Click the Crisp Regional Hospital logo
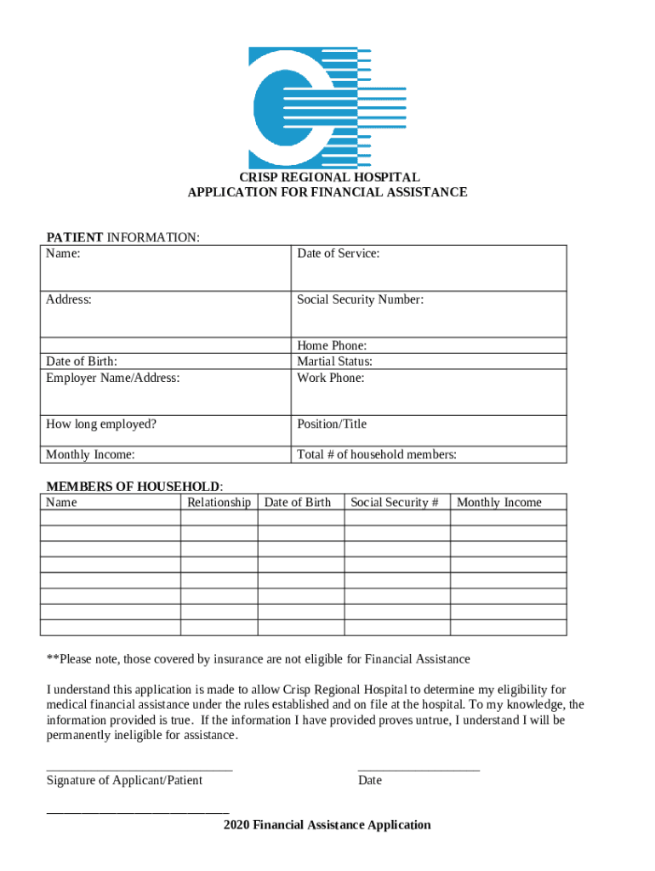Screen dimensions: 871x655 click(327, 108)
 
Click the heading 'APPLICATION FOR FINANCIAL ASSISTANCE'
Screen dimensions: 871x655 click(327, 192)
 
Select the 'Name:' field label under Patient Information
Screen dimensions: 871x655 click(64, 253)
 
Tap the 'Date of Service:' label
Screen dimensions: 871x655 click(338, 253)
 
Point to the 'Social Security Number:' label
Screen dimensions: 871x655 click(360, 299)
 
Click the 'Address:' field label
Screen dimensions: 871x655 click(69, 299)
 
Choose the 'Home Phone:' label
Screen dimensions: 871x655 click(332, 345)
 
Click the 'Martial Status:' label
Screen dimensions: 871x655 click(334, 361)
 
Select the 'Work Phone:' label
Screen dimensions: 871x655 click(330, 378)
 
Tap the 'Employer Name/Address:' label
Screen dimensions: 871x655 click(113, 378)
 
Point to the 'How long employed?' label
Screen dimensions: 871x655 click(101, 424)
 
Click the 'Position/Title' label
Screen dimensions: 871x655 click(332, 424)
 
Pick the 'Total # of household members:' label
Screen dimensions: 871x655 click(377, 455)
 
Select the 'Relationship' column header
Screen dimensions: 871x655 click(219, 503)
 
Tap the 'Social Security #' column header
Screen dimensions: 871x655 click(395, 503)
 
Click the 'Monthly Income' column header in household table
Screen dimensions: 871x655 click(499, 503)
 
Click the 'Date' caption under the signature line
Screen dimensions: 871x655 click(370, 781)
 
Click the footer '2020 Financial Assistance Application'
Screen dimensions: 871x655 click(327, 825)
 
